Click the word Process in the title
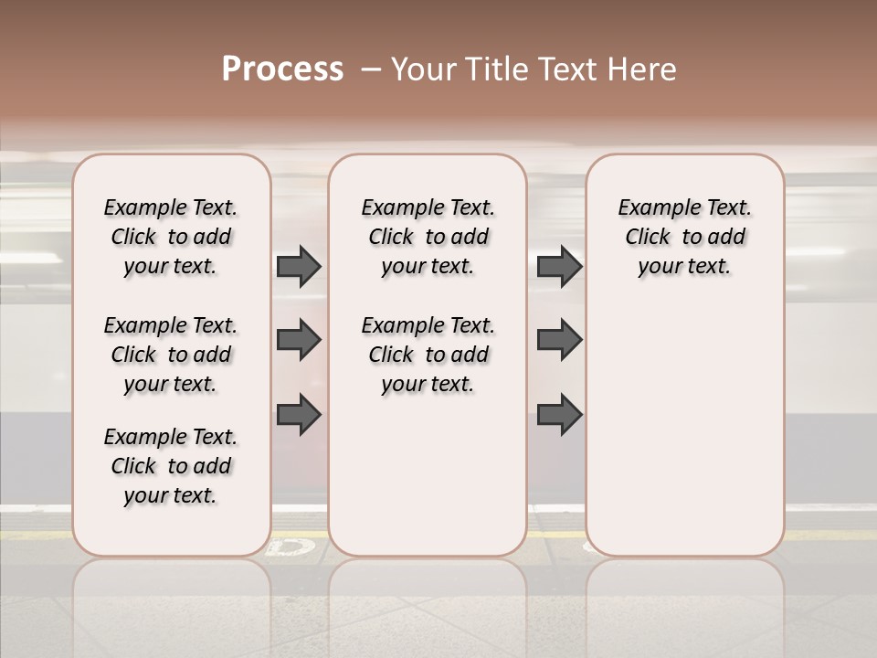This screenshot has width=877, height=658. pos(282,69)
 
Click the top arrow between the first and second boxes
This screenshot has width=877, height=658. pos(299,266)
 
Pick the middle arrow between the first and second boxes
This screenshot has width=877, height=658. pos(299,340)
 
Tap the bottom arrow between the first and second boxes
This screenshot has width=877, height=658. pos(299,414)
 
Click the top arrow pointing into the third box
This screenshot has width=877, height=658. pos(559,266)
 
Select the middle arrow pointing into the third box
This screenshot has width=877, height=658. pos(559,340)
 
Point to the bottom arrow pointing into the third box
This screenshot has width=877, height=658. pos(559,414)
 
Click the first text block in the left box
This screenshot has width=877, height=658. pos(171,237)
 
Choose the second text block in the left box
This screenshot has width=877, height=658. pos(171,355)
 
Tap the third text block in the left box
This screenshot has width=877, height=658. pos(171,466)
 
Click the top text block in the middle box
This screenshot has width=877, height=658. pos(428,237)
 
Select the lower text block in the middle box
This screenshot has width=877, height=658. pos(428,355)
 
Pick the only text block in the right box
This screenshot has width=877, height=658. pos(684,237)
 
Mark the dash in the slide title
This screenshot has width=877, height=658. pos(371,69)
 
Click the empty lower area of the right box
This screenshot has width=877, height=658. pos(684,430)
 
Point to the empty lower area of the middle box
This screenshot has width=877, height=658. pos(428,475)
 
